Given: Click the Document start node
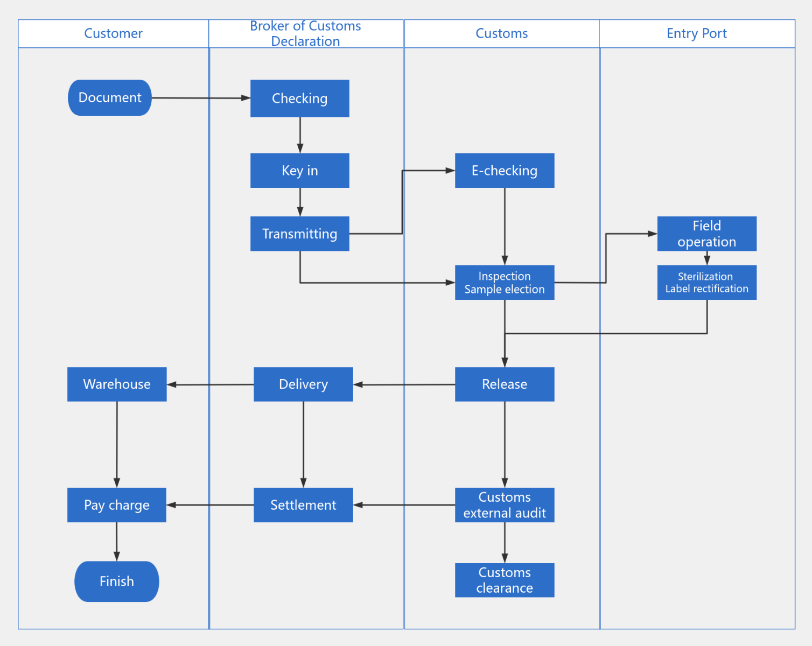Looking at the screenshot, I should pyautogui.click(x=110, y=97).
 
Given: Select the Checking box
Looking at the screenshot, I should pyautogui.click(x=299, y=99).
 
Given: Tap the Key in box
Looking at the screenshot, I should pyautogui.click(x=299, y=171).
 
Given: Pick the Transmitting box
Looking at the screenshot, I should pyautogui.click(x=299, y=234).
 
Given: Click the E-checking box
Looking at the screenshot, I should pyautogui.click(x=505, y=171).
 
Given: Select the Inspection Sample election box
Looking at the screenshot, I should pyautogui.click(x=505, y=283).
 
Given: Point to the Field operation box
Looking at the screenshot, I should pyautogui.click(x=706, y=234).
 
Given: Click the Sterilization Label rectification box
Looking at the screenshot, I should pyautogui.click(x=706, y=283).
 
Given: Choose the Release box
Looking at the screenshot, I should pyautogui.click(x=505, y=384).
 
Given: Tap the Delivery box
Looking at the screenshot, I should pyautogui.click(x=303, y=384).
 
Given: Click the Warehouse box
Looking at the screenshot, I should pyautogui.click(x=117, y=384).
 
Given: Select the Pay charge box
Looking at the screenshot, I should pyautogui.click(x=117, y=505).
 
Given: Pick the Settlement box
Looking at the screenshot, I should pyautogui.click(x=303, y=505).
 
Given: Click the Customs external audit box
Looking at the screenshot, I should pyautogui.click(x=505, y=505).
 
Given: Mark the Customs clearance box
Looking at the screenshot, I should pyautogui.click(x=505, y=580).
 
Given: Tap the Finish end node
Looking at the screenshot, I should pyautogui.click(x=117, y=581).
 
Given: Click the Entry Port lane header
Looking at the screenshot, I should pyautogui.click(x=697, y=33).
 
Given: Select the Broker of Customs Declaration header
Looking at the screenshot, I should pyautogui.click(x=305, y=33).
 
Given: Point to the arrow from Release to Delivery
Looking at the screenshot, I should pyautogui.click(x=404, y=384).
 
